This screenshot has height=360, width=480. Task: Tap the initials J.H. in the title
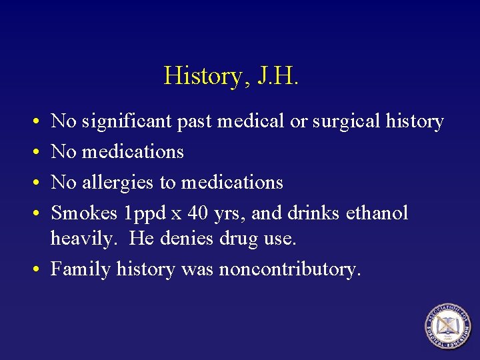point(275,76)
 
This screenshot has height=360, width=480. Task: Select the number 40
point(199,213)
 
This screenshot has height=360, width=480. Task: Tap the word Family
point(81,269)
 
